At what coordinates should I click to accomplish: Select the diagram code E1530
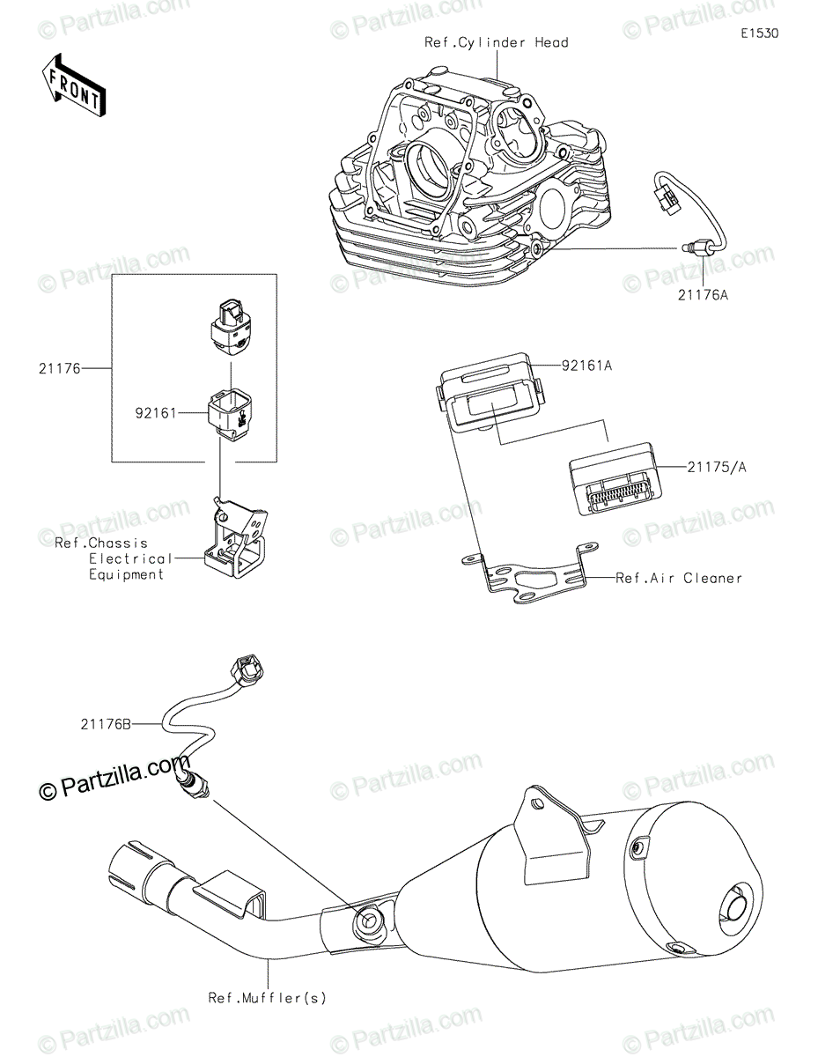click(758, 33)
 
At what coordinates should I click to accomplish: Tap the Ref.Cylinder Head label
click(496, 42)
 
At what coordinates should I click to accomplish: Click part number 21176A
click(703, 295)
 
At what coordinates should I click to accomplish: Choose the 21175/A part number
click(717, 467)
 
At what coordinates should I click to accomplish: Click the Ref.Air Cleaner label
click(678, 578)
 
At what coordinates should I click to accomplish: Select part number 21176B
click(105, 724)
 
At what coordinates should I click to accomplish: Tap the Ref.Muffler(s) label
click(267, 998)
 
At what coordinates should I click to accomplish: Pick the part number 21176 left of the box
click(58, 369)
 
